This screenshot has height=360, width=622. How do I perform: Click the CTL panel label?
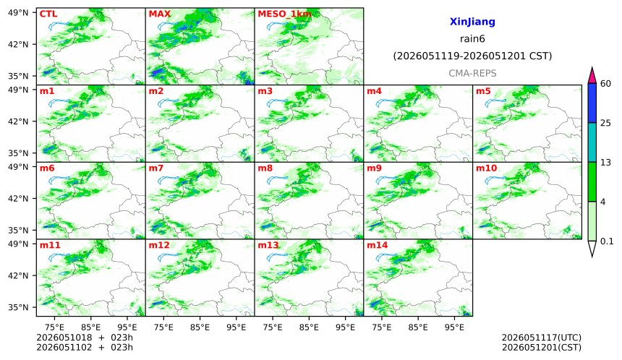coord(48,14)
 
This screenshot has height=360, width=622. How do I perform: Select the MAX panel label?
coord(159,14)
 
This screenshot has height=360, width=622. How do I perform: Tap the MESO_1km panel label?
coord(284,14)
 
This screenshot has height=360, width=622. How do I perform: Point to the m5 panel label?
coord(483,91)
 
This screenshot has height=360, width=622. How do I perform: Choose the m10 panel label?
coord(486,168)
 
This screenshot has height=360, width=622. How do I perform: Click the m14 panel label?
coord(378,245)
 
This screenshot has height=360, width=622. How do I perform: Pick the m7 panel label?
coord(156,168)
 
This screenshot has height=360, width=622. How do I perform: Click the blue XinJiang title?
coord(472,22)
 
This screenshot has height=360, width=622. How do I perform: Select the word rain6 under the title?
coord(472,39)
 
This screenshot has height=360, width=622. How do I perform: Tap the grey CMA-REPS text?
coord(472,73)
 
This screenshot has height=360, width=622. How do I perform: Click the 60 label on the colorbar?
coord(606,84)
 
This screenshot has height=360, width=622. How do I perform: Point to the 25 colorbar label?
coord(606,124)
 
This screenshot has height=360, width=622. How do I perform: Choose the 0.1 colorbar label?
coord(607,241)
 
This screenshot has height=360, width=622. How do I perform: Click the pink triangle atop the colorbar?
coord(592,76)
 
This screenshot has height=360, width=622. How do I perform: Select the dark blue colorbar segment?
coord(592,103)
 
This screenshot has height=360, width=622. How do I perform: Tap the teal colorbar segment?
coord(592,142)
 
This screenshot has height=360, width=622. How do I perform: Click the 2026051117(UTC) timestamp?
coord(542,338)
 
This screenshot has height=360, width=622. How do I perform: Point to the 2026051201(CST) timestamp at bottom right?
coord(542,348)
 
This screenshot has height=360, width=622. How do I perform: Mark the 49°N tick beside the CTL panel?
coord(18,13)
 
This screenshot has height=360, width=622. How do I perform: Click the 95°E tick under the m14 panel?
coord(454,327)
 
